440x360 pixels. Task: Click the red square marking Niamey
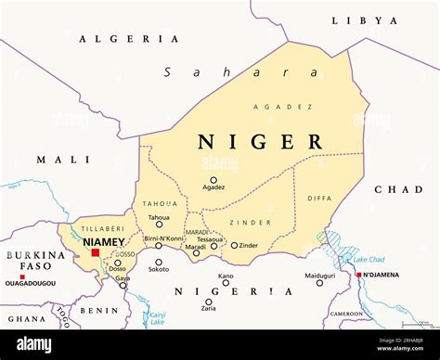tap(96, 252)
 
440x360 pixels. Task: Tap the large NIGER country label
tap(260, 142)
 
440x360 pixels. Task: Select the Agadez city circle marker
tap(214, 180)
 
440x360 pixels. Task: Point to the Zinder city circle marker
tap(234, 246)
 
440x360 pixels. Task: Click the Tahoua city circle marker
tap(159, 224)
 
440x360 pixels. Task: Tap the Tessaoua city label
tap(210, 238)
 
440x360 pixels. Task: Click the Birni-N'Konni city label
tap(164, 238)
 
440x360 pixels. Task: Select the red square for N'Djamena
tap(359, 275)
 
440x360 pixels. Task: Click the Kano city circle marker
tap(226, 283)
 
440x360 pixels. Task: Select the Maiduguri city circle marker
tap(320, 283)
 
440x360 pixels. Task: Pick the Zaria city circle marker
tap(209, 302)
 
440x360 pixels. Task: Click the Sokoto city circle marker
tap(159, 263)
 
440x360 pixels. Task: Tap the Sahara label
tap(239, 72)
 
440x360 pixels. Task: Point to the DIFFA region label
tap(318, 197)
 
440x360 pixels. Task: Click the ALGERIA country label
tap(129, 39)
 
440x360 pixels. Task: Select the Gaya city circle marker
tap(123, 285)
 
